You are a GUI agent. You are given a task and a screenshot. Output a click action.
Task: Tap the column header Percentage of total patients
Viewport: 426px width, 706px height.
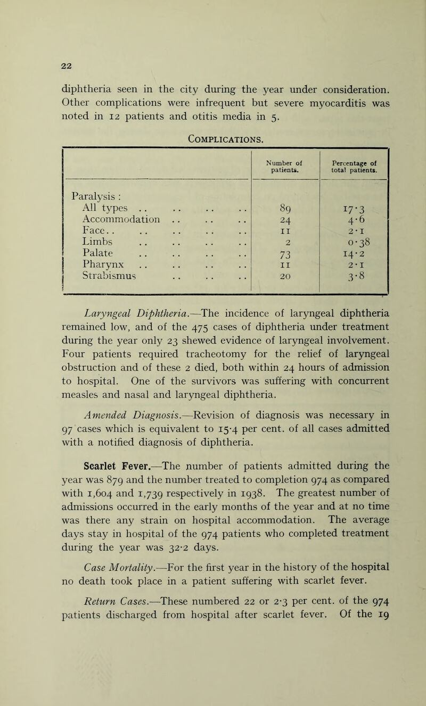coord(354,158)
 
